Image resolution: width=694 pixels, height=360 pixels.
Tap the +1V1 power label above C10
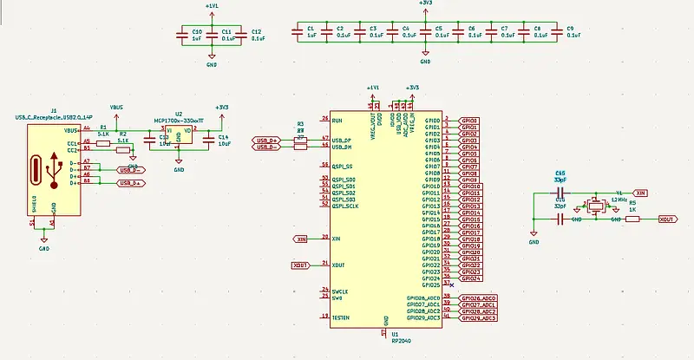click(212, 6)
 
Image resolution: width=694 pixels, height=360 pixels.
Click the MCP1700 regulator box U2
click(178, 137)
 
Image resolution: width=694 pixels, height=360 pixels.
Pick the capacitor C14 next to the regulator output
click(209, 139)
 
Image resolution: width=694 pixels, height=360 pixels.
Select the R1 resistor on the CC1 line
click(104, 142)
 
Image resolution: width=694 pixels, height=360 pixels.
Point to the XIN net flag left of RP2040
click(301, 239)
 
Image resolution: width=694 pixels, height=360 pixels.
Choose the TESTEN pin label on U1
click(340, 317)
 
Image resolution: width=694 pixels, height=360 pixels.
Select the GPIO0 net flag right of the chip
click(468, 121)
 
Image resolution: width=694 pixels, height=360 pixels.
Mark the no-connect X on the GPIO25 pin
click(451, 285)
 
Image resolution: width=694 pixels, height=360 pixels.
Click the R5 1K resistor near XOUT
click(632, 219)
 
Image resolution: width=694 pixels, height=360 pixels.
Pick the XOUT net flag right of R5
click(668, 219)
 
